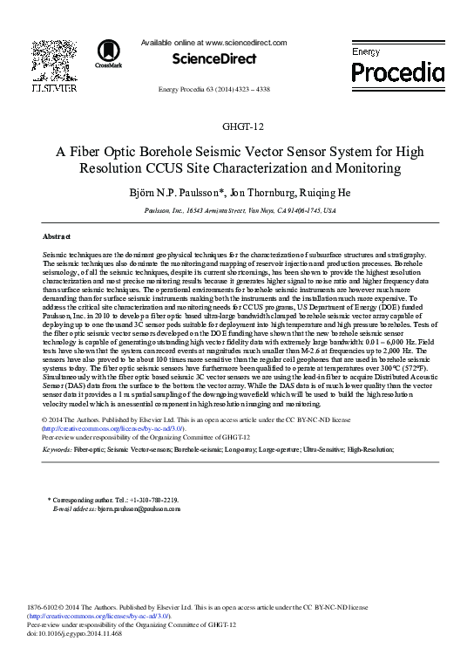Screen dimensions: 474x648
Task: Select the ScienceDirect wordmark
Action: (x=214, y=59)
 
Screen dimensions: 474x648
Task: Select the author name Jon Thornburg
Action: (x=269, y=192)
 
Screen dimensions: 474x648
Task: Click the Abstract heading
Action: (x=57, y=236)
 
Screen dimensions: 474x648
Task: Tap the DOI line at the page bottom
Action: (x=75, y=633)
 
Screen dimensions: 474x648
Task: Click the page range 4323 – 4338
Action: (x=249, y=90)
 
